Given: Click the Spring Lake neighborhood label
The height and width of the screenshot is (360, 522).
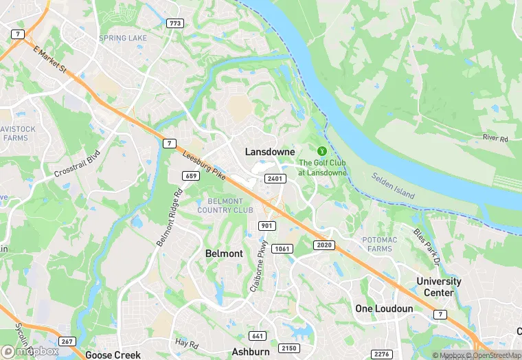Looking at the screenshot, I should point(123,38).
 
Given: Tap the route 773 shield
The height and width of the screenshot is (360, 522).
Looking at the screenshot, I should point(175,23).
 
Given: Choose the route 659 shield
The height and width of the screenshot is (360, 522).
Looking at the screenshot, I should point(192,177).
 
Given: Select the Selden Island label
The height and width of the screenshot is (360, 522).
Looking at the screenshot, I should point(394,185).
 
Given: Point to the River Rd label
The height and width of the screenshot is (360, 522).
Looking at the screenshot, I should point(495,138).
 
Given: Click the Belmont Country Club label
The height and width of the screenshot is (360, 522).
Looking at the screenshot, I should point(225,205).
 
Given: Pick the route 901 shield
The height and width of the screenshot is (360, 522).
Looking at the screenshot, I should point(267,226).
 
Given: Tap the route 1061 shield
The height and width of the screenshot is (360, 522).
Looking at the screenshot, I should point(281,248).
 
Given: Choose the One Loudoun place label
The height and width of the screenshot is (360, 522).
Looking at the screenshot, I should point(384,308).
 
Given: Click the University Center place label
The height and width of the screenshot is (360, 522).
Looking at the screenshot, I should point(439,286).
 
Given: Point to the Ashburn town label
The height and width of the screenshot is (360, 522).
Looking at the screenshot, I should point(250,352).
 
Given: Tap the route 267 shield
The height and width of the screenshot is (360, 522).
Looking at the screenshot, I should point(67,341).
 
